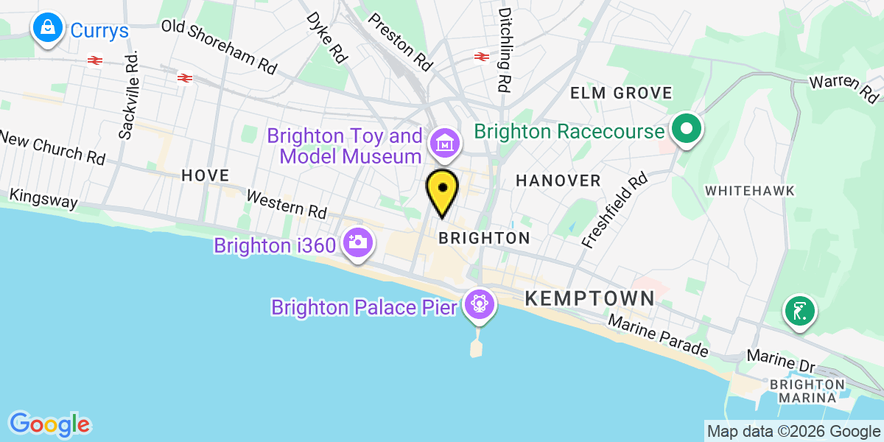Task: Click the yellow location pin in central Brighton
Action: coord(442,190)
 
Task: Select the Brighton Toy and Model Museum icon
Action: coord(445,144)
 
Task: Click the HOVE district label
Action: coord(206,175)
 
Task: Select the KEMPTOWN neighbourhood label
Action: coord(589,298)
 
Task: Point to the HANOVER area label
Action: coord(558,180)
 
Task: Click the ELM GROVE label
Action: coord(622,93)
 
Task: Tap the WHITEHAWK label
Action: coord(750,191)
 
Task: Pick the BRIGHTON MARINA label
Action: coord(807,390)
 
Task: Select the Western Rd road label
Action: coord(287,204)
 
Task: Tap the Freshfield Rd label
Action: coord(614,209)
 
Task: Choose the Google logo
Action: coord(49,424)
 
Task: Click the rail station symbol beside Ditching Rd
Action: coord(482,56)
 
